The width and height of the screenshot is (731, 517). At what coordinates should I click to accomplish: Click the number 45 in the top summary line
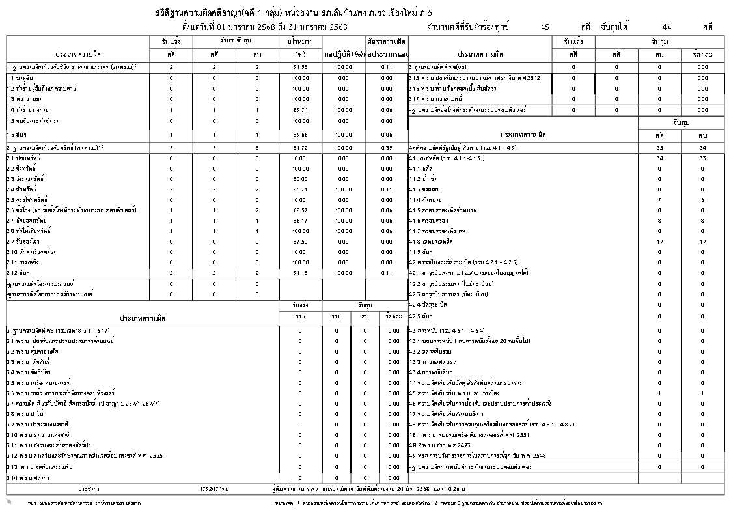(545, 27)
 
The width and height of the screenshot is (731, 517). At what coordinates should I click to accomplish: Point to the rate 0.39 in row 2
(387, 148)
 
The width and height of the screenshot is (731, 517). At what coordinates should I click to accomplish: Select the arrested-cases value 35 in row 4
(660, 148)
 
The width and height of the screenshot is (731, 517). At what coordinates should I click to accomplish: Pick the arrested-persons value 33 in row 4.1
(702, 158)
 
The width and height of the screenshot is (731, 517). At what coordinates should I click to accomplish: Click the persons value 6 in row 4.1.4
(702, 199)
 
